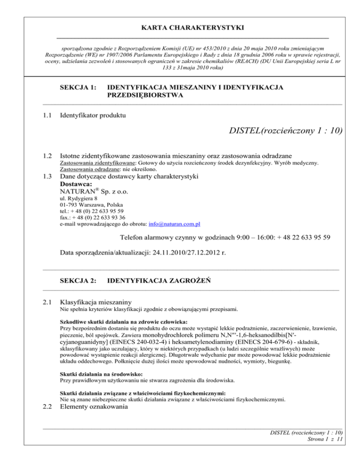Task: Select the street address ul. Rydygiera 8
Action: [x=78, y=199]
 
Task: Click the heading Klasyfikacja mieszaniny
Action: [x=96, y=302]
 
